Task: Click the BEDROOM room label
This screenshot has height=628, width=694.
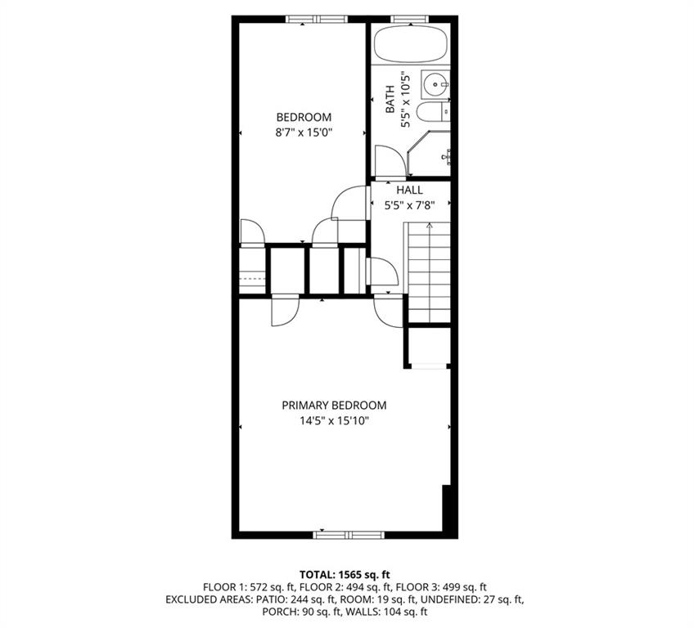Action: (303, 116)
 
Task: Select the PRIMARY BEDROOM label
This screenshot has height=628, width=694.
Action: (334, 406)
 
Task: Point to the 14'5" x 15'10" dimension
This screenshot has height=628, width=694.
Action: (334, 421)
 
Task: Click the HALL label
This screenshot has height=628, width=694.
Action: (409, 190)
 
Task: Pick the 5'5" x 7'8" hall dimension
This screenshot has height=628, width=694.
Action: (409, 205)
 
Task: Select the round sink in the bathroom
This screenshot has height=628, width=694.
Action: (435, 83)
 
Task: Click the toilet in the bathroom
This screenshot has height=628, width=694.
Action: (430, 113)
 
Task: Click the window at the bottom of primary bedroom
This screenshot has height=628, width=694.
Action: (348, 535)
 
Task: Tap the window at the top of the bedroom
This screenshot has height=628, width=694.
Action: (317, 19)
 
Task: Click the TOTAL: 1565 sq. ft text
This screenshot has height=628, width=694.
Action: (346, 575)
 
